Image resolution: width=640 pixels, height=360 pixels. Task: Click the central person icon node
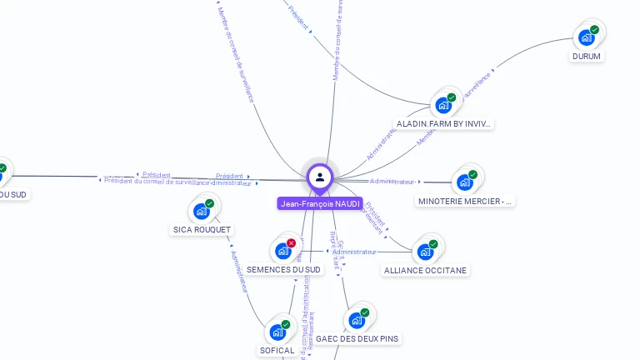[320, 177]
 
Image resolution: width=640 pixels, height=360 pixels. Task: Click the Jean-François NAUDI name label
[320, 203]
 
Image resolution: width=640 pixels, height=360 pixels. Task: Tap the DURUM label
[587, 57]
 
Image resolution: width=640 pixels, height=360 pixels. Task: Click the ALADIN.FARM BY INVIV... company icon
[443, 105]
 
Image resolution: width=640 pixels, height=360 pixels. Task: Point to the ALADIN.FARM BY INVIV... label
[444, 123]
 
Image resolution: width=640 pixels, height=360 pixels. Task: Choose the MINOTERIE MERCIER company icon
[464, 182]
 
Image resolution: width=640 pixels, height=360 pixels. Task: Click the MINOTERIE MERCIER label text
[466, 201]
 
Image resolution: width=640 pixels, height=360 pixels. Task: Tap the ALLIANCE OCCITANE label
[426, 270]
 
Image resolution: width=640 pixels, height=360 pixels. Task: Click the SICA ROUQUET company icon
[202, 210]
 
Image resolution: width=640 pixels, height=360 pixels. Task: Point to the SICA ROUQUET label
[202, 229]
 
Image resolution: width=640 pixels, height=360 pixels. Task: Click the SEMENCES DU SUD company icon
[282, 250]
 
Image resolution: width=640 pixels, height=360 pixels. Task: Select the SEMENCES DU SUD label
[283, 269]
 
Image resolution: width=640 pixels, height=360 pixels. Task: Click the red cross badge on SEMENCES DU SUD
[291, 242]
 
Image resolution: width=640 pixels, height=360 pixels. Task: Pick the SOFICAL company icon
[277, 332]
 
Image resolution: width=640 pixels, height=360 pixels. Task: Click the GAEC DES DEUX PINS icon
[357, 320]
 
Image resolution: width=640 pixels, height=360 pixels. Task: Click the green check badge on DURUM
[594, 30]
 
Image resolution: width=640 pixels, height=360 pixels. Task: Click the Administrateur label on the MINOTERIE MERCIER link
[392, 181]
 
